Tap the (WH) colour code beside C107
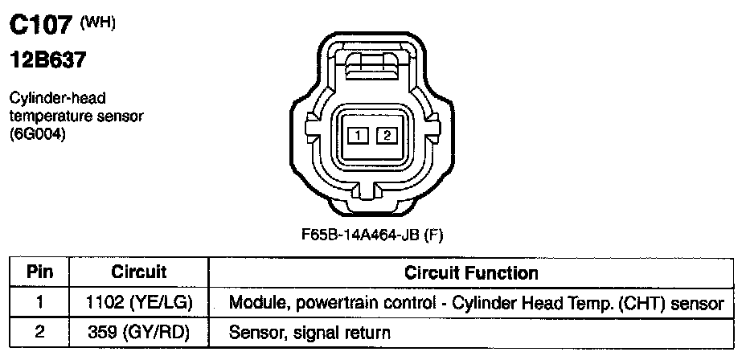(x=99, y=22)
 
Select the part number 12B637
(x=47, y=60)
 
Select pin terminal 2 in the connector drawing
(x=387, y=135)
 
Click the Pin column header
(x=39, y=272)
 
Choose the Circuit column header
(x=138, y=272)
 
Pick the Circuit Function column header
(x=470, y=272)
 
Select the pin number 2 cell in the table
(x=39, y=331)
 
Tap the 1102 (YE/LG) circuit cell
(x=138, y=303)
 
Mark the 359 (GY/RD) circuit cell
(x=138, y=331)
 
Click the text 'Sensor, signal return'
(x=309, y=331)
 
